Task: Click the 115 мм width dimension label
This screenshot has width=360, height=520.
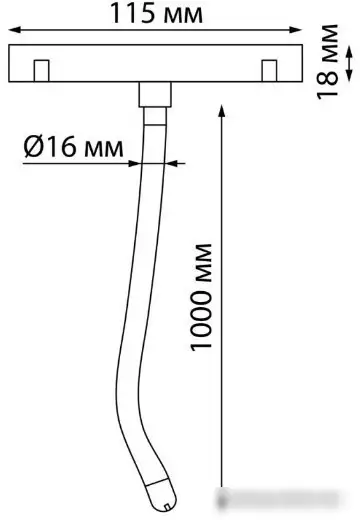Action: [x=156, y=13]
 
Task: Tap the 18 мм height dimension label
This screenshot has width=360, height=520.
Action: [x=327, y=62]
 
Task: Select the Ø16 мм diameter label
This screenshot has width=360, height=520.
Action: [x=73, y=147]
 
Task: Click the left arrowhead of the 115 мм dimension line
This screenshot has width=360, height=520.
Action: [x=15, y=30]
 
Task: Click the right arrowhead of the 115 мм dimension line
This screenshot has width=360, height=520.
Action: [x=295, y=30]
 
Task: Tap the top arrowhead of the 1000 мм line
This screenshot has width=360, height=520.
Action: [x=221, y=111]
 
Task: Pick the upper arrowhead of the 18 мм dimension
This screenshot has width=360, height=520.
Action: [x=349, y=53]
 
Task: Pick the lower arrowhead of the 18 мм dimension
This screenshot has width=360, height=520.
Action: [x=349, y=75]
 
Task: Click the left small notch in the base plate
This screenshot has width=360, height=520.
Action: [x=42, y=71]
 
